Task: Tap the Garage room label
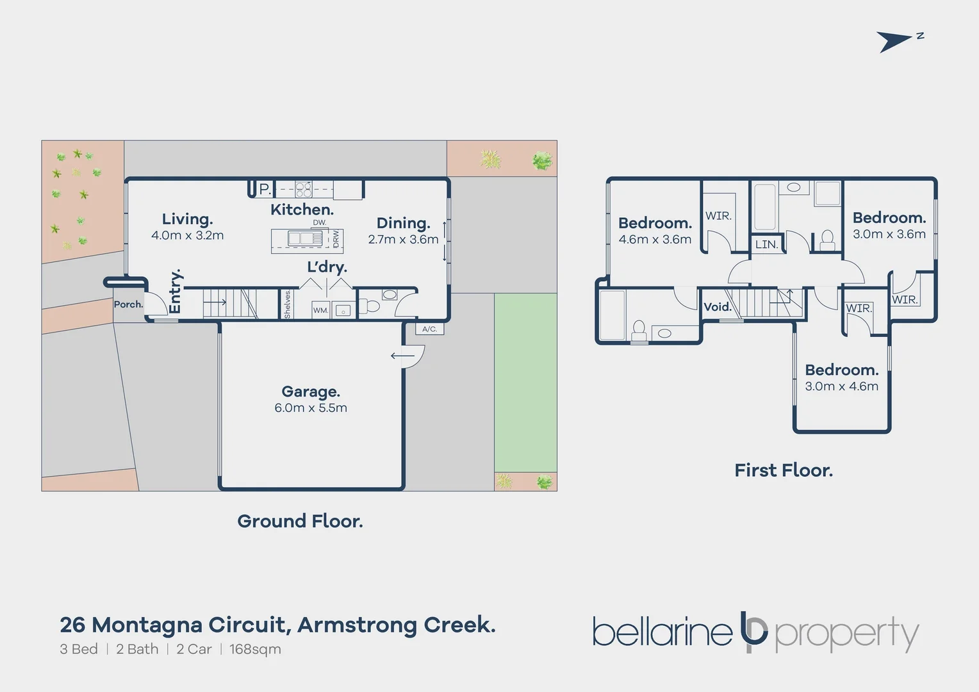(x=311, y=391)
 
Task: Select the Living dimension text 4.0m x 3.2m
(x=187, y=236)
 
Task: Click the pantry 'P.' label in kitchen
(x=265, y=189)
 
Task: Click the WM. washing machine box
(x=320, y=310)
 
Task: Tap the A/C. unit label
(x=429, y=329)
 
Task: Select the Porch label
(x=128, y=304)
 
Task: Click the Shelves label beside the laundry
(x=287, y=304)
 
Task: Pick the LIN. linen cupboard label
(x=766, y=245)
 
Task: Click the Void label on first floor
(x=718, y=307)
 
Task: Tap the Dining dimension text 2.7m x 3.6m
(x=403, y=240)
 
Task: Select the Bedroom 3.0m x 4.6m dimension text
(x=841, y=386)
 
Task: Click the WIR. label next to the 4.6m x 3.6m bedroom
(x=718, y=216)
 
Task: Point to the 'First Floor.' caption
(x=783, y=470)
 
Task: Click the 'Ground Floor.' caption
(x=300, y=521)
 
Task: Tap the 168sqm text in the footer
(x=255, y=649)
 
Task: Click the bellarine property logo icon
(x=753, y=632)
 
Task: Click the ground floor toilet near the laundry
(x=370, y=306)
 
